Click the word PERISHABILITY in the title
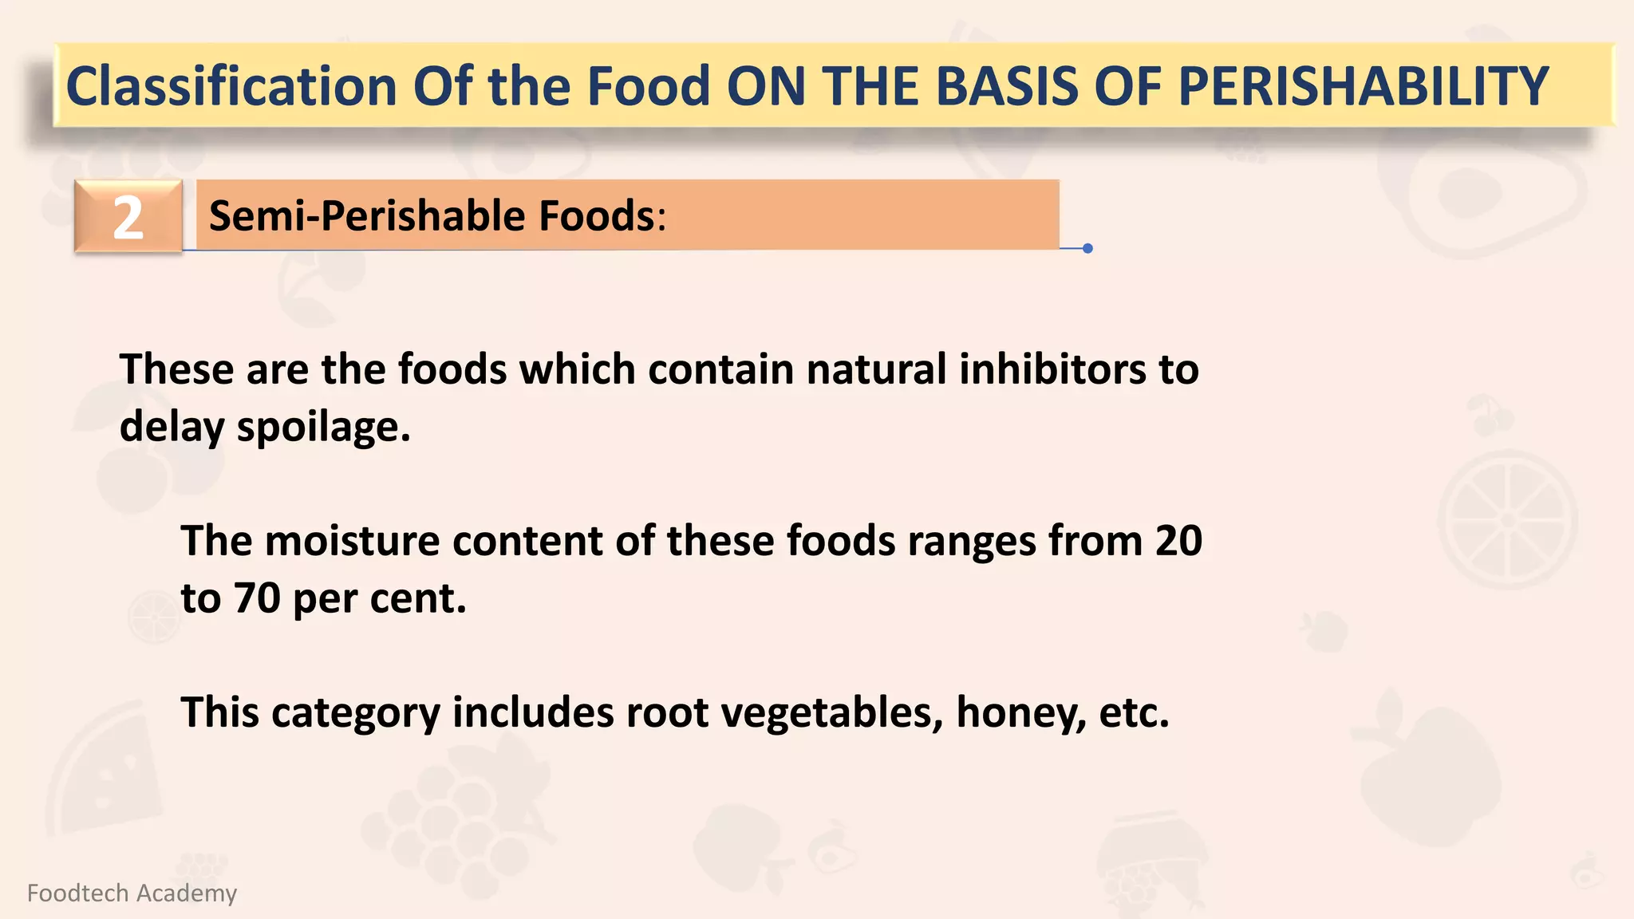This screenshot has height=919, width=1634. [1363, 86]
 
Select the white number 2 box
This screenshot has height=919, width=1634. [128, 217]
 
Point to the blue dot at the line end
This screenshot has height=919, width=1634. [1087, 248]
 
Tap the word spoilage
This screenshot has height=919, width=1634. [323, 428]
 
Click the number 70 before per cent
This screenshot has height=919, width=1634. [257, 598]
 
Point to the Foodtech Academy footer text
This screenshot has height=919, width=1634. [132, 893]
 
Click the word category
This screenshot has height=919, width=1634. [355, 712]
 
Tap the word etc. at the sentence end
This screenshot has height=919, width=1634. [1134, 712]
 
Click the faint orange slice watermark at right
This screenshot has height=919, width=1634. [1506, 520]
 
